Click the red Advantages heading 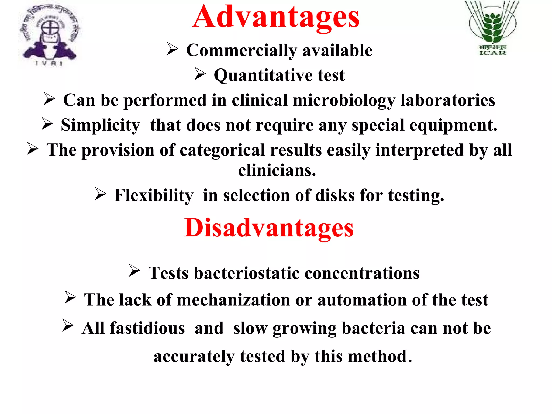276,17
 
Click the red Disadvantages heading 269,228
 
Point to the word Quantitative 263,75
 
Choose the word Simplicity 101,126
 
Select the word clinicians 277,171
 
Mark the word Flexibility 154,195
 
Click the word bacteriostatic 247,273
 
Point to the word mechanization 233,300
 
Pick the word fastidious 147,328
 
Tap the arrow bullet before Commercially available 172,49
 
